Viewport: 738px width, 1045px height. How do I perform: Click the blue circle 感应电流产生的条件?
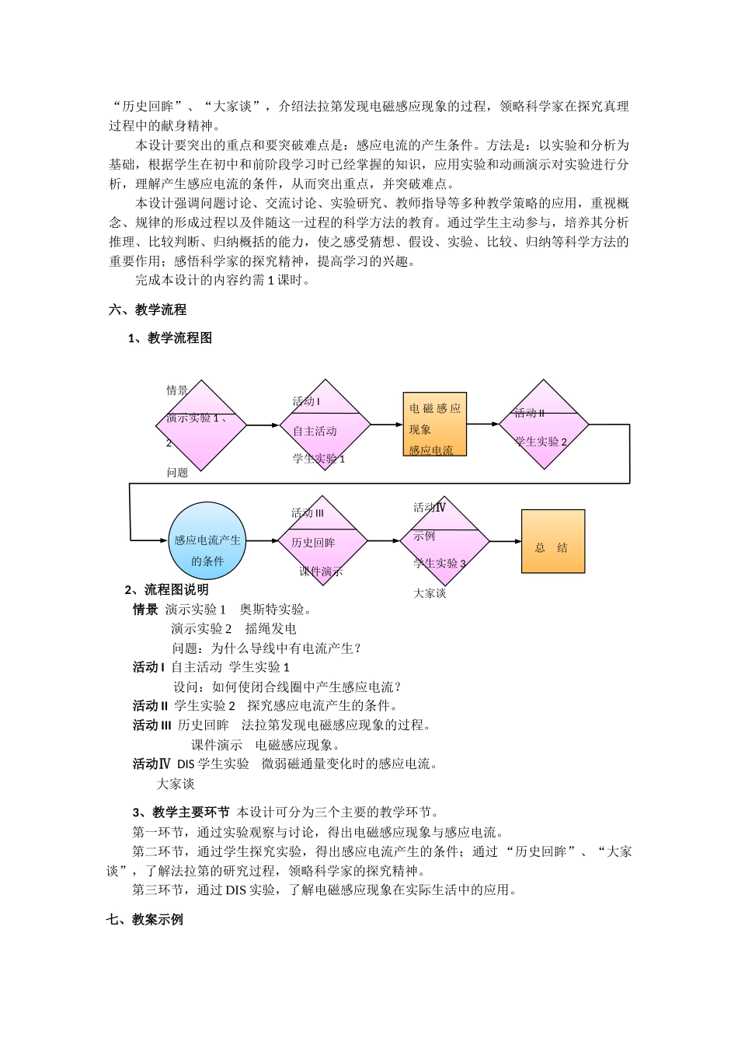tap(207, 541)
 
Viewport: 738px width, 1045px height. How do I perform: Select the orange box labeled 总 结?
tap(552, 542)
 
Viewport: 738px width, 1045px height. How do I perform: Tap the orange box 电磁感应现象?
tap(434, 424)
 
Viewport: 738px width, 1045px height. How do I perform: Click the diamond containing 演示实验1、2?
tap(201, 425)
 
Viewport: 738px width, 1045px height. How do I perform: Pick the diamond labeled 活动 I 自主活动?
tap(325, 425)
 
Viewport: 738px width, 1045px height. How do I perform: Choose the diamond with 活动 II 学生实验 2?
tap(543, 425)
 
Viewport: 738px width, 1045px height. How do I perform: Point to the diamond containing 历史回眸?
tap(322, 541)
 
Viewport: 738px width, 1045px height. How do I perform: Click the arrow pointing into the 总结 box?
tap(505, 541)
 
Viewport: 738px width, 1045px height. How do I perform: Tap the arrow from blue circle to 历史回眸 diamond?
tap(262, 541)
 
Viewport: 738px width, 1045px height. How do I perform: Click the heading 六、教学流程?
tap(148, 309)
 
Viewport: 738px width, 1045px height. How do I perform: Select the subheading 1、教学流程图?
tap(169, 338)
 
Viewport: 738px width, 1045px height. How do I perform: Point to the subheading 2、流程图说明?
tap(166, 590)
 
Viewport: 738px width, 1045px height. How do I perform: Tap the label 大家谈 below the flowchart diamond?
tap(430, 593)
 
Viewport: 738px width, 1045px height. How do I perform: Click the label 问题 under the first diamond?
tap(177, 473)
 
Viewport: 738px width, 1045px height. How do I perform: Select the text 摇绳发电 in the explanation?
tap(270, 629)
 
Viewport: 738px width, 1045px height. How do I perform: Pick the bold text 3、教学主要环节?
tap(181, 813)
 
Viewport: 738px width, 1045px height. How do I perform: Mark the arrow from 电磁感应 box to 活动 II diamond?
tap(482, 425)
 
